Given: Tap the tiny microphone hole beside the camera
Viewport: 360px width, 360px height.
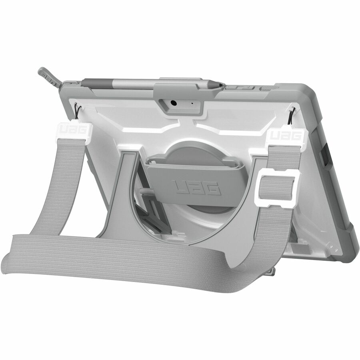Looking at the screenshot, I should click(192, 103).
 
